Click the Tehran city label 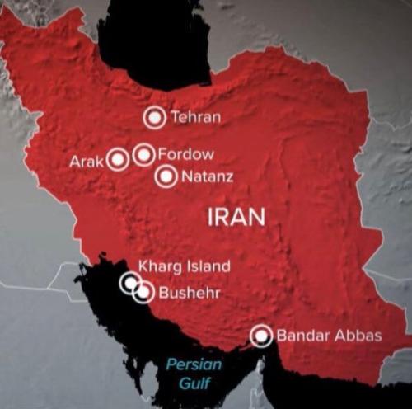pos(195,117)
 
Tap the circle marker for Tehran pos(154,118)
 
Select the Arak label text pos(86,161)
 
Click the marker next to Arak pos(118,158)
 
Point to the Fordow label pos(185,154)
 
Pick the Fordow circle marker pos(143,153)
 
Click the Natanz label pos(207,176)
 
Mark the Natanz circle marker pos(166,176)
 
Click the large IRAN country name pos(236,217)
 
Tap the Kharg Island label pos(184,266)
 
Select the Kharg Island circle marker pos(130,283)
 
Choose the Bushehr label pos(186,292)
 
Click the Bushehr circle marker pos(143,291)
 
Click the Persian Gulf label pos(190,374)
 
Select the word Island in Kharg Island pos(206,266)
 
